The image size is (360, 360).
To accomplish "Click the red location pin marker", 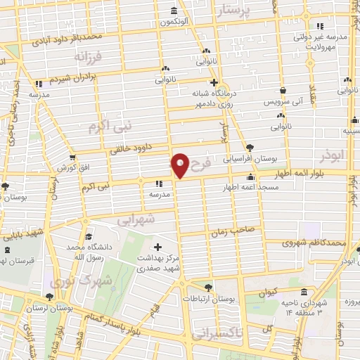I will coord(180,165).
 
